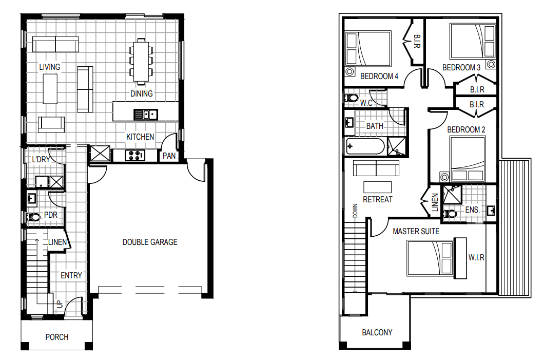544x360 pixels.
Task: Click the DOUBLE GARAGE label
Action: point(150,242)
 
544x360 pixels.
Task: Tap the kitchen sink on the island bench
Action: point(146,115)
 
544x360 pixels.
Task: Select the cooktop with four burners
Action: point(135,155)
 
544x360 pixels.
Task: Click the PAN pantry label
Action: point(169,156)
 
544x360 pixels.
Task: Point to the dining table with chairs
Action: point(141,62)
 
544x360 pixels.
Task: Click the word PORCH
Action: point(57,337)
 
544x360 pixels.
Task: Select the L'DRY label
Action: point(41,159)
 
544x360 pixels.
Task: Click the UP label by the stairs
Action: point(60,304)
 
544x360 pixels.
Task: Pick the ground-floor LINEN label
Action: point(57,242)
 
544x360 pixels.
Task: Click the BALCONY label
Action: point(377,332)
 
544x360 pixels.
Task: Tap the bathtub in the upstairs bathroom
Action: point(365,146)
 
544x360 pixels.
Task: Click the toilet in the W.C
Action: point(351,98)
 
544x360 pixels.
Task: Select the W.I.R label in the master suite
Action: point(476,258)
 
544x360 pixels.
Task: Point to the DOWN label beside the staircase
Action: point(355,211)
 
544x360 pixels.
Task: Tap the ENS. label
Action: point(472,210)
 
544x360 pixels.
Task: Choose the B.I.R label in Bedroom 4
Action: point(417,41)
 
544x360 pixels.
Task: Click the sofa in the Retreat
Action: point(376,168)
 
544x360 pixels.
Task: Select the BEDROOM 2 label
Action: point(466,129)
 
